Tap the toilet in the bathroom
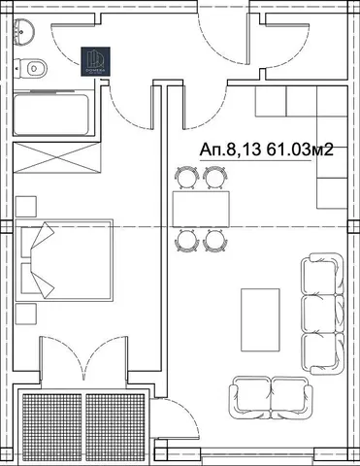coord(34,69)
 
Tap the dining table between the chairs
coord(199,208)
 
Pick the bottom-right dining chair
coord(214,239)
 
